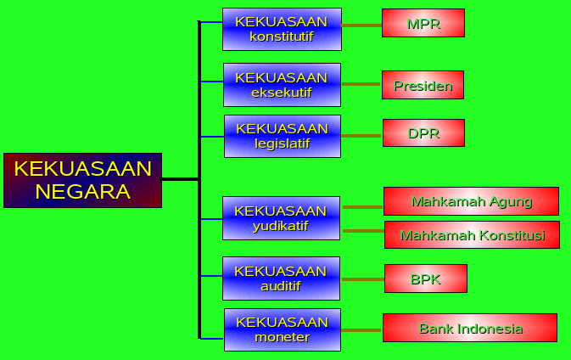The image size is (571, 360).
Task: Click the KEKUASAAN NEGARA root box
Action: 82,180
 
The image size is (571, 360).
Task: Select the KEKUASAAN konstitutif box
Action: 282,30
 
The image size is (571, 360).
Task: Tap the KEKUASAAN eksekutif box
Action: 282,85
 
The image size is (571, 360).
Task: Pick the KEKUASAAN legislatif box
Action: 282,136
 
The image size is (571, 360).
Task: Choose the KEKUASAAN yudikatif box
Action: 281,218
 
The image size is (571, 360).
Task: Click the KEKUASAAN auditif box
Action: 281,278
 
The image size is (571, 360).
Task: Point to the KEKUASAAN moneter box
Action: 282,329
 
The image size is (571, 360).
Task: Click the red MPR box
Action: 423,23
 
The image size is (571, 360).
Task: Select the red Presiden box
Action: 423,85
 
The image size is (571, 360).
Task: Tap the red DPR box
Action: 423,132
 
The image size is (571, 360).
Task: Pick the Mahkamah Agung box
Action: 471,201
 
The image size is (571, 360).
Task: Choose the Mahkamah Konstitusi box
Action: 472,234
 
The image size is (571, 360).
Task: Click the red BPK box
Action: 425,278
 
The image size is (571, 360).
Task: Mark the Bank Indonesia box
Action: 470,328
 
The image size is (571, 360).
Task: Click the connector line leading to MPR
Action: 361,25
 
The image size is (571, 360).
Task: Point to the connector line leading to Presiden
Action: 361,84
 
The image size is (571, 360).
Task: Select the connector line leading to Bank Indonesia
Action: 361,329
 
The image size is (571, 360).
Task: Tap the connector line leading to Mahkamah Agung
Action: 362,206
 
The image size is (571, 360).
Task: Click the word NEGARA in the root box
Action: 82,192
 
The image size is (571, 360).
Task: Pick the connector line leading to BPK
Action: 362,278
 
